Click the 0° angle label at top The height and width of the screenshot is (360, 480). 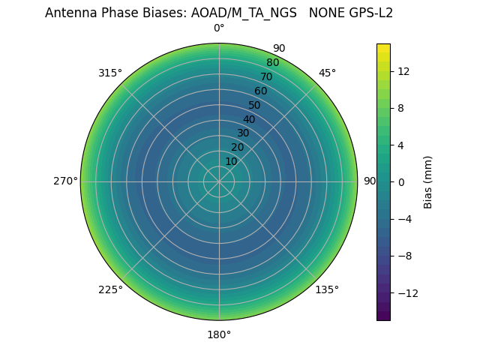[x=219, y=28]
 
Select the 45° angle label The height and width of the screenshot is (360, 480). [x=327, y=73]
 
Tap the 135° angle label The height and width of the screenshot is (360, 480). [x=327, y=289]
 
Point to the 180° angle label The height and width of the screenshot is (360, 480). [x=219, y=334]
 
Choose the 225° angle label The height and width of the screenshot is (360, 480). [x=110, y=289]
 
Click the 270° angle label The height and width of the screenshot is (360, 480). [x=65, y=181]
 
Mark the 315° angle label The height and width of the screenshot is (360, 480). [x=110, y=73]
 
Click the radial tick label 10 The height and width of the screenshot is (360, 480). [x=231, y=161]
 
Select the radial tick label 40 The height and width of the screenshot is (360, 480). [x=249, y=119]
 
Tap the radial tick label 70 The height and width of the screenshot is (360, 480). [x=266, y=76]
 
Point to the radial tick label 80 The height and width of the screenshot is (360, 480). [x=272, y=63]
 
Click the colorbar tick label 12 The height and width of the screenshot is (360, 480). [x=403, y=71]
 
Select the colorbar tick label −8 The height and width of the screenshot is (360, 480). [x=403, y=256]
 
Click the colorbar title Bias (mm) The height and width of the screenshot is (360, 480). [x=428, y=181]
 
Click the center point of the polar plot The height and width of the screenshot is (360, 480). [x=219, y=181]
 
